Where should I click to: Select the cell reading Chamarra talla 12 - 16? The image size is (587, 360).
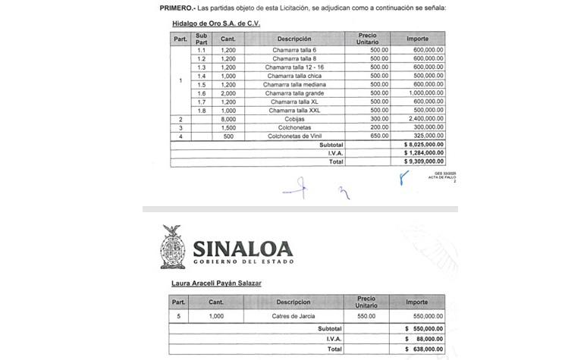[x=294, y=67]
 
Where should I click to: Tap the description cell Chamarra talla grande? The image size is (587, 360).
[x=294, y=93]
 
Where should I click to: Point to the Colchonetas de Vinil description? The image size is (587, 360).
[x=294, y=136]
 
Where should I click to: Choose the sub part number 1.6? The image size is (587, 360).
[x=202, y=93]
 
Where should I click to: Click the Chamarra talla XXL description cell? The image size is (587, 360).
[x=294, y=111]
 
